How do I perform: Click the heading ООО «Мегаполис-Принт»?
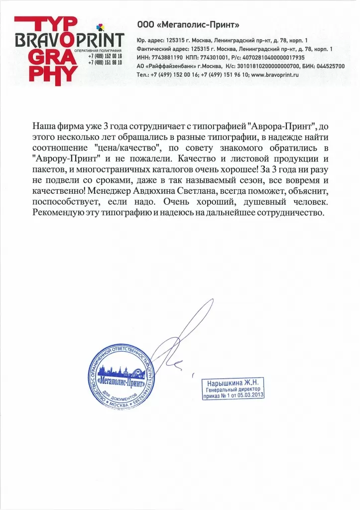[188, 24]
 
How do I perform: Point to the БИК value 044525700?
[329, 66]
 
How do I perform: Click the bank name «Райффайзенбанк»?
[169, 66]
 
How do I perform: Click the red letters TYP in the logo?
[45, 23]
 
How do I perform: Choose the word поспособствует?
[67, 203]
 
